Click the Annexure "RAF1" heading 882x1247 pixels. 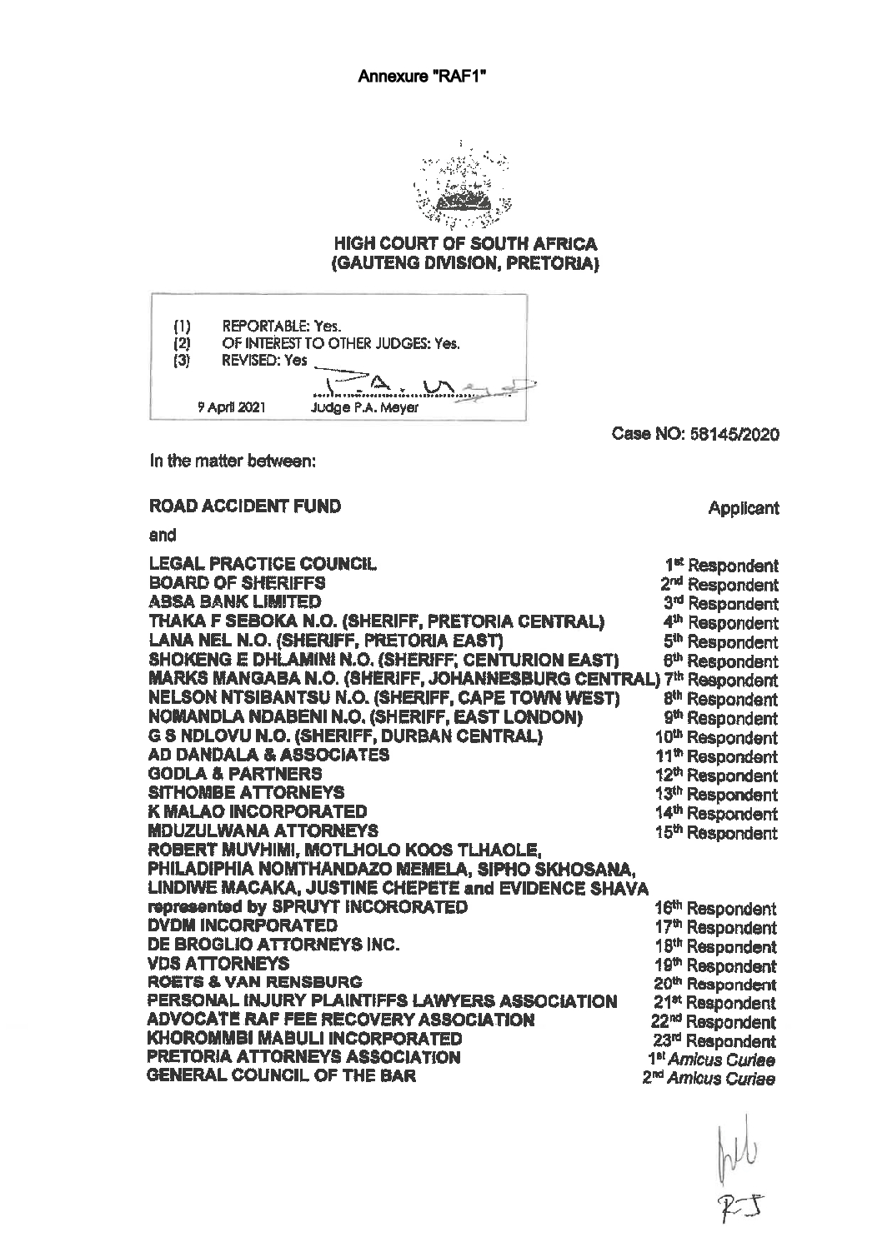click(x=421, y=77)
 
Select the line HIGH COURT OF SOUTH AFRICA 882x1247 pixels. click(x=465, y=244)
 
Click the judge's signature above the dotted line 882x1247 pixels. click(x=417, y=383)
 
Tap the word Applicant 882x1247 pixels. click(x=743, y=507)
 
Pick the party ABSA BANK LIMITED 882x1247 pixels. click(x=234, y=601)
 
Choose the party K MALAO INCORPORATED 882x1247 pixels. click(x=257, y=811)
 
